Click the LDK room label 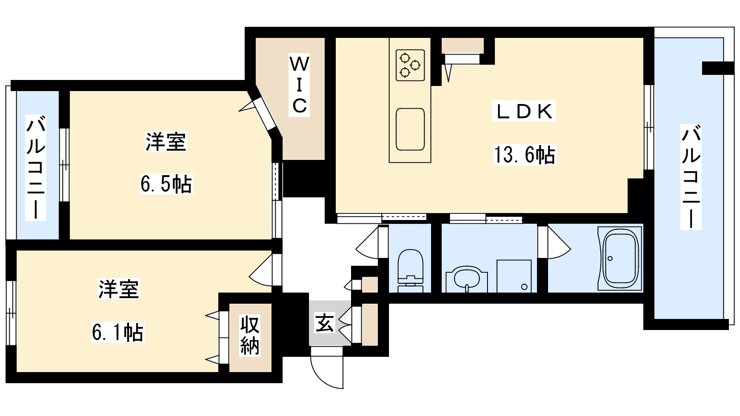[524, 111]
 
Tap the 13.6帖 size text [524, 154]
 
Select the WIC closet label [299, 85]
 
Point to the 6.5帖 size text [166, 184]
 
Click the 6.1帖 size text [117, 332]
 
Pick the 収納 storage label [250, 335]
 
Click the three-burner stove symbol [410, 65]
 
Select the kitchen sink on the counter [410, 129]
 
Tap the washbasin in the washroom [467, 279]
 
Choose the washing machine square [514, 276]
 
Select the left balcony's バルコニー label [36, 167]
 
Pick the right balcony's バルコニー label [691, 177]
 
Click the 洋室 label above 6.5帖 [166, 141]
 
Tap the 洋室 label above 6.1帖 [118, 289]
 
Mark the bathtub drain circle [610, 258]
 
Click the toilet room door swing [367, 243]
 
